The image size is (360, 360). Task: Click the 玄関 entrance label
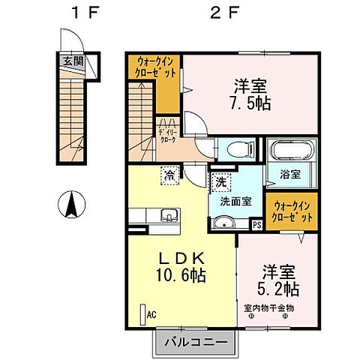click(x=73, y=61)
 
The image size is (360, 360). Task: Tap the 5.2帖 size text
click(x=280, y=288)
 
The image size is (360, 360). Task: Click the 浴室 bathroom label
click(x=291, y=174)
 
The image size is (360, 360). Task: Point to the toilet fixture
click(x=232, y=148)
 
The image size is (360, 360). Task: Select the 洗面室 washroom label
click(x=235, y=200)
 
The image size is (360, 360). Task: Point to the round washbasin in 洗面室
click(x=223, y=222)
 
